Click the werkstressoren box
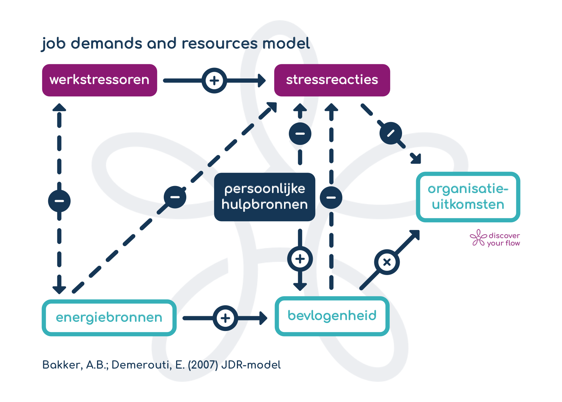coord(99,80)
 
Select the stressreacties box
coord(332,80)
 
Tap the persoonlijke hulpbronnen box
coord(265,197)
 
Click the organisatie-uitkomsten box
coord(468,197)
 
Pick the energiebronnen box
coord(109,318)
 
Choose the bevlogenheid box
coord(332,316)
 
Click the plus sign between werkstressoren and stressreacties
coord(214,81)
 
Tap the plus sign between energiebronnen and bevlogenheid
coord(225,318)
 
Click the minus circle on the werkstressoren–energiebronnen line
coord(59,201)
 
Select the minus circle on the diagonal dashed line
coord(175,197)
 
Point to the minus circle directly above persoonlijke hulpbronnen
coord(300,134)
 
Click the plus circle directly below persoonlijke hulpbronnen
coord(300,259)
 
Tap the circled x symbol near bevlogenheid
coord(387,262)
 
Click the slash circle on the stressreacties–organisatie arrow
coord(390,133)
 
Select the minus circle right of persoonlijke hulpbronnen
coord(331,197)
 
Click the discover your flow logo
coord(495,238)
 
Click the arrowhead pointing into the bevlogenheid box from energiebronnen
coord(263,318)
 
